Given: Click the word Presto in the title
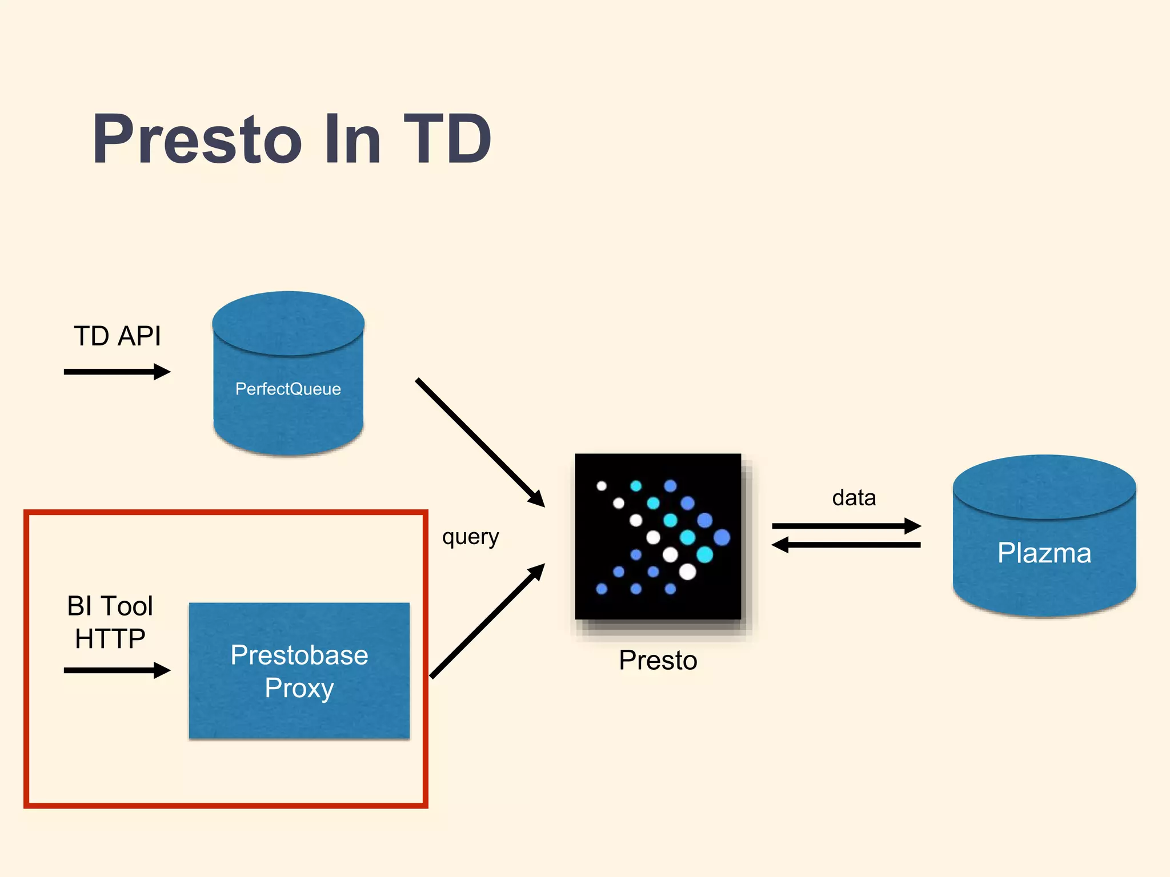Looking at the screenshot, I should coord(197,139).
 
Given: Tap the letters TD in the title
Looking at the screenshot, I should coord(447,139).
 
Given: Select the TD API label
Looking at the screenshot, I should coord(117,336).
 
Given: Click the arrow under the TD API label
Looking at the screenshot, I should coord(117,372).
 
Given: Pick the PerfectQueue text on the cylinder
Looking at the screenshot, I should coord(288,389).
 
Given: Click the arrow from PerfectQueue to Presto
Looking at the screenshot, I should coord(480,442).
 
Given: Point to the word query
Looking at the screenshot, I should coord(470,537).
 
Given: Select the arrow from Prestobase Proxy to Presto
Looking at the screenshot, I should coord(487,621).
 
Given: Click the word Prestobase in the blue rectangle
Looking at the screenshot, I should coord(299,655).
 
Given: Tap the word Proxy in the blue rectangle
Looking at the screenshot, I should coord(299,688).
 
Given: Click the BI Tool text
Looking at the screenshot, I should coord(110,606).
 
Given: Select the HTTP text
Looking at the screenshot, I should coord(110,638).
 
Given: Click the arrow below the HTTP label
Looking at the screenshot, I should coord(117,670).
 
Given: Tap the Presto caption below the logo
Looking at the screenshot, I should coord(658,661).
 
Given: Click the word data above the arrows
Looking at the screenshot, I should coord(854,498).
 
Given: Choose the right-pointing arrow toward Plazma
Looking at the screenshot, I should coord(846,526).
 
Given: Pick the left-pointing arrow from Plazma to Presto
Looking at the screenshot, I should coord(846,545).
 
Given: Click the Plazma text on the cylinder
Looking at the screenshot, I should coord(1044,553).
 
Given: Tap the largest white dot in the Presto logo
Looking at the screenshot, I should coord(687,572).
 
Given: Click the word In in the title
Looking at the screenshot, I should coord(352,139).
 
